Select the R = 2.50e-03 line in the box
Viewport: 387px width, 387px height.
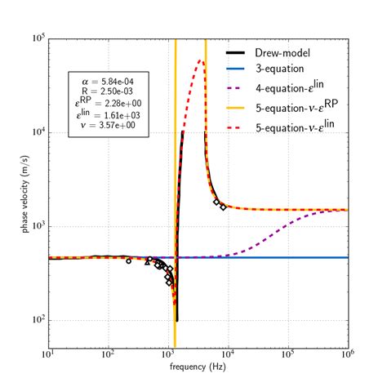point(109,92)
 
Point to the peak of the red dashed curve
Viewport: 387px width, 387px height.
point(201,60)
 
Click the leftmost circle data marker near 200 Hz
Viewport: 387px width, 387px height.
point(128,261)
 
